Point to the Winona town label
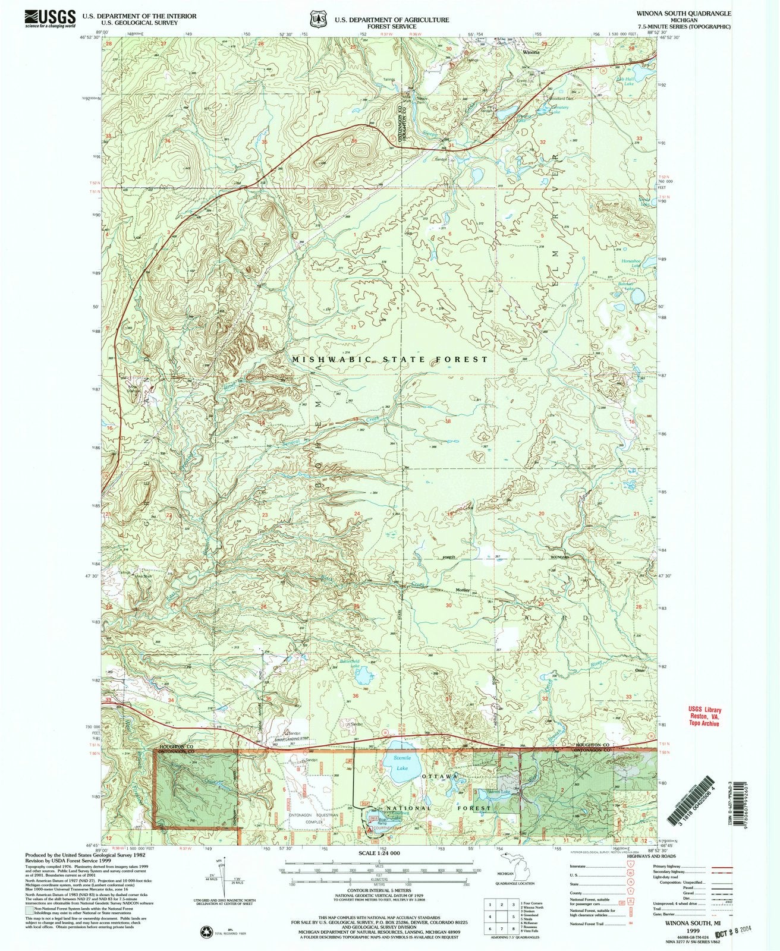coord(531,52)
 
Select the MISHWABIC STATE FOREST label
coord(390,360)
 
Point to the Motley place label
coord(463,590)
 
